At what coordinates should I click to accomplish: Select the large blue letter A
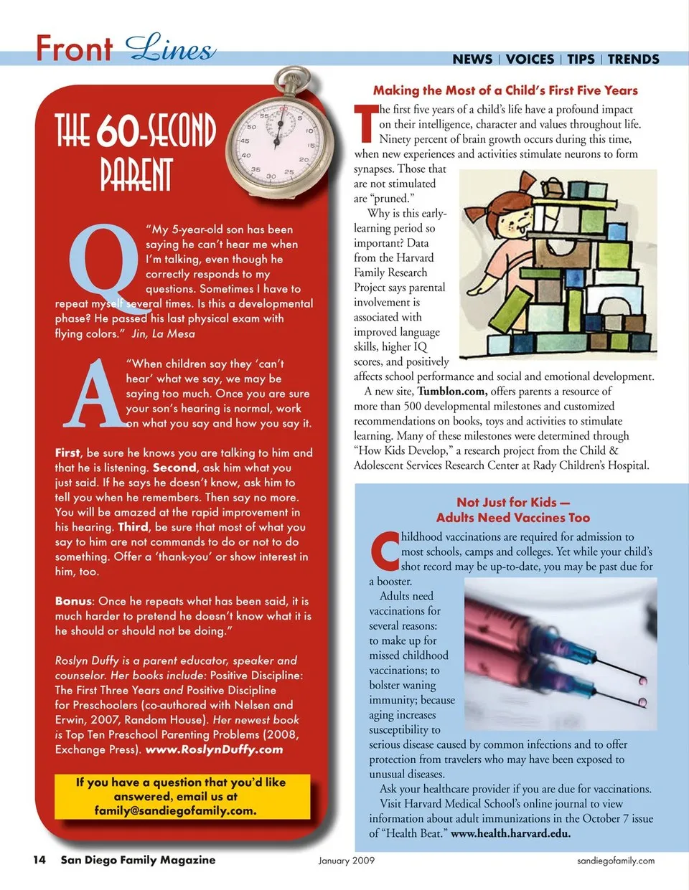tap(93, 393)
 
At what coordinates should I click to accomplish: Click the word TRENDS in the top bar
tap(633, 60)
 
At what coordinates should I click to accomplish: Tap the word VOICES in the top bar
tap(530, 60)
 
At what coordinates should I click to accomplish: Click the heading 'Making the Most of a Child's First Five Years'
tap(505, 90)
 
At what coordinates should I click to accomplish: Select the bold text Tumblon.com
tap(452, 392)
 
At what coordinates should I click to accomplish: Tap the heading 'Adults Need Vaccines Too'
tap(512, 518)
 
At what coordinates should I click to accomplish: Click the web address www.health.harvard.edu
tap(510, 833)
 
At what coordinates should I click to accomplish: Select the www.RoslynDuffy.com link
tap(214, 749)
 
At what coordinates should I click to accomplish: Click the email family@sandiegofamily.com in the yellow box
tap(175, 810)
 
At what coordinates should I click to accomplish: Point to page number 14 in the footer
tap(39, 860)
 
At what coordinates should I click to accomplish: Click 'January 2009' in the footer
tap(347, 861)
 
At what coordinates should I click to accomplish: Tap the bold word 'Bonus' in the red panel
tap(73, 601)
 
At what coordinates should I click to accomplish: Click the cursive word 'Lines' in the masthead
tap(170, 49)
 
